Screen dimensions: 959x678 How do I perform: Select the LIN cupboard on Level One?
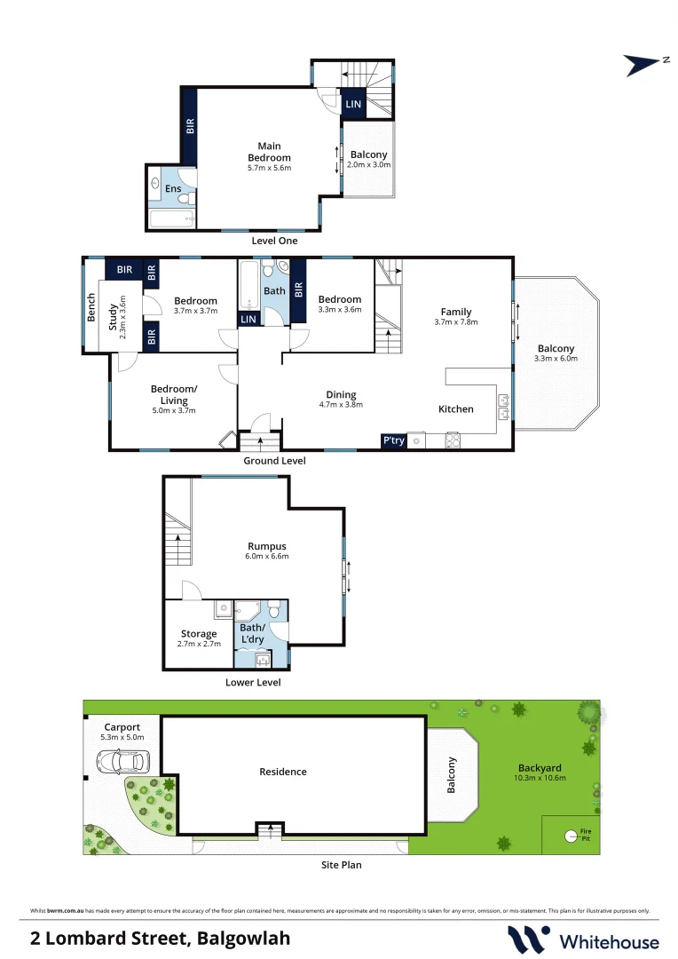353,105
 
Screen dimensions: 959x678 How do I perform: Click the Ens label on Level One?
173,189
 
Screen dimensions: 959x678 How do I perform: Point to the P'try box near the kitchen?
393,440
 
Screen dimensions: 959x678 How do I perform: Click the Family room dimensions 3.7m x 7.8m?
456,322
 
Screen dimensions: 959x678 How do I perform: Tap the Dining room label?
341,395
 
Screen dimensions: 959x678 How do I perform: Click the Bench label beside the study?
91,306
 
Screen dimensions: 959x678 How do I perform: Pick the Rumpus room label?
267,546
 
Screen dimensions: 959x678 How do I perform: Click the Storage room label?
199,634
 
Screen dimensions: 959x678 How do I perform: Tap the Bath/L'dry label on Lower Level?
251,633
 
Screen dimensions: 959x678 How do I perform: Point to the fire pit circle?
570,835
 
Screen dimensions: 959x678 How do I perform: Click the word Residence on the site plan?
282,772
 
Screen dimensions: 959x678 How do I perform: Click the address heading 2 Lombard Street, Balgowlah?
160,938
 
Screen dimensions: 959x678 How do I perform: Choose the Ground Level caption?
275,462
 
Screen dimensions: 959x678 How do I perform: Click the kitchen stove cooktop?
453,440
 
